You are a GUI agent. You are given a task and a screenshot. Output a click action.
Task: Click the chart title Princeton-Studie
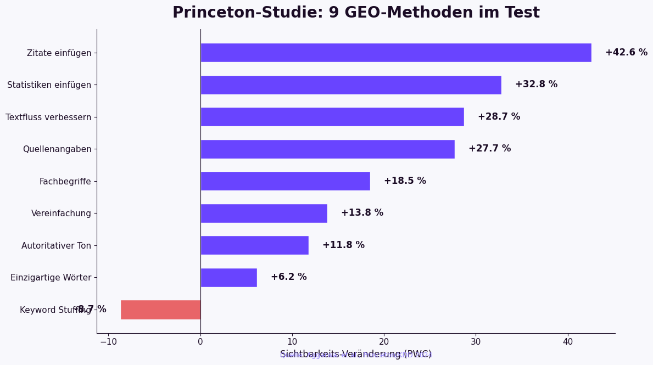tap(356, 13)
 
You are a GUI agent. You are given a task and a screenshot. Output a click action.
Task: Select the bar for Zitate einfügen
tap(395, 53)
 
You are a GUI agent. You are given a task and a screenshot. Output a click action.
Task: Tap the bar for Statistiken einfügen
tap(350, 85)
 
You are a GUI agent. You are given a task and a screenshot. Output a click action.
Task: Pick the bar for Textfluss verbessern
tap(332, 117)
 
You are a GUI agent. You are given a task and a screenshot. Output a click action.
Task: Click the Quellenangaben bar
tap(327, 149)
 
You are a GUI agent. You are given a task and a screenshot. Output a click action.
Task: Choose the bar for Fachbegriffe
tap(285, 181)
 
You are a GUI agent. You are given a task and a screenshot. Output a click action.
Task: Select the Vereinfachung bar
tap(264, 214)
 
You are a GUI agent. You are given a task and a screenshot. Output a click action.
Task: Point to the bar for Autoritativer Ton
tap(254, 245)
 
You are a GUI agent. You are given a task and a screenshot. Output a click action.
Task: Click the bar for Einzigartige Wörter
tap(228, 278)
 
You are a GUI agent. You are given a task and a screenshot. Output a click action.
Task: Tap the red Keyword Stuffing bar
tap(160, 310)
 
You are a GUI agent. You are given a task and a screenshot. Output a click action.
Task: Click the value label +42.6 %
tap(626, 53)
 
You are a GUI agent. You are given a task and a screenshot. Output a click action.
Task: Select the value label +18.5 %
tap(405, 181)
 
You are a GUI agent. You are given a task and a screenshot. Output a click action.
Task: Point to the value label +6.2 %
tap(288, 277)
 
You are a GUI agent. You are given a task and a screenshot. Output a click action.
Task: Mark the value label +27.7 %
tap(489, 149)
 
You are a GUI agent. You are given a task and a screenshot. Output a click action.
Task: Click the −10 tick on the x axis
tap(108, 342)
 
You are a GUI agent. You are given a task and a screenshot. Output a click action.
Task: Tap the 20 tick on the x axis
tap(384, 342)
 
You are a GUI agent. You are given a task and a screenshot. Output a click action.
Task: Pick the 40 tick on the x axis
tap(568, 342)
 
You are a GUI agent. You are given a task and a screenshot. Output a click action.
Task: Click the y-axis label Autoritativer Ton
tap(56, 246)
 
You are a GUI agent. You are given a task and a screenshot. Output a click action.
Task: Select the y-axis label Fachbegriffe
tap(65, 182)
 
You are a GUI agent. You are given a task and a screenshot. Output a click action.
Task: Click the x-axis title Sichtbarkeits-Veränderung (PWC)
tap(356, 354)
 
